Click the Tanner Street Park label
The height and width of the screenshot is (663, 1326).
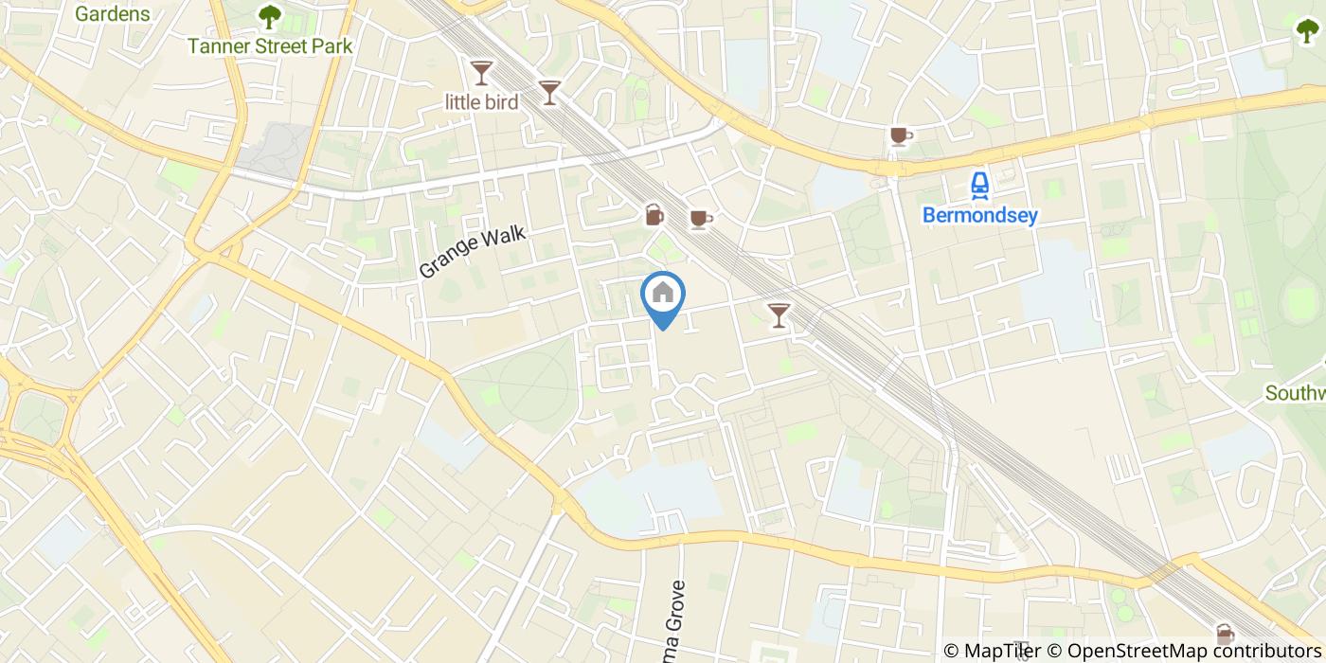(x=270, y=45)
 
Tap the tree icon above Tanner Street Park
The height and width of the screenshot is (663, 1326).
(x=270, y=16)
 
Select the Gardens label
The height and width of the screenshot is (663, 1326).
(x=112, y=13)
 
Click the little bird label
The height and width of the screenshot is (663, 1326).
(x=482, y=101)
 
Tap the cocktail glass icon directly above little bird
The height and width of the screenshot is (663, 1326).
(x=482, y=72)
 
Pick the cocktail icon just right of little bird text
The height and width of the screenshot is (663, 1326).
(x=549, y=92)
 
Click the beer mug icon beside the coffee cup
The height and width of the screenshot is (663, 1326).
(x=654, y=216)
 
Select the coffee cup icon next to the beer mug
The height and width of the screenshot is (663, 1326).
(x=700, y=220)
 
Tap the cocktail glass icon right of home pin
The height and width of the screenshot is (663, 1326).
(x=779, y=314)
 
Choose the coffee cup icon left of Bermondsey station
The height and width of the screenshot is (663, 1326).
(x=900, y=137)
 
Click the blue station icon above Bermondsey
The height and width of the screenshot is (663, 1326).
(x=980, y=186)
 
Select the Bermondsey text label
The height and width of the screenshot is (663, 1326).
(x=980, y=216)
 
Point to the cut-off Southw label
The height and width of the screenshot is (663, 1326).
(x=1296, y=392)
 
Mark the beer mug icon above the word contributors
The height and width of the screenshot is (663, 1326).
(x=1225, y=633)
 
